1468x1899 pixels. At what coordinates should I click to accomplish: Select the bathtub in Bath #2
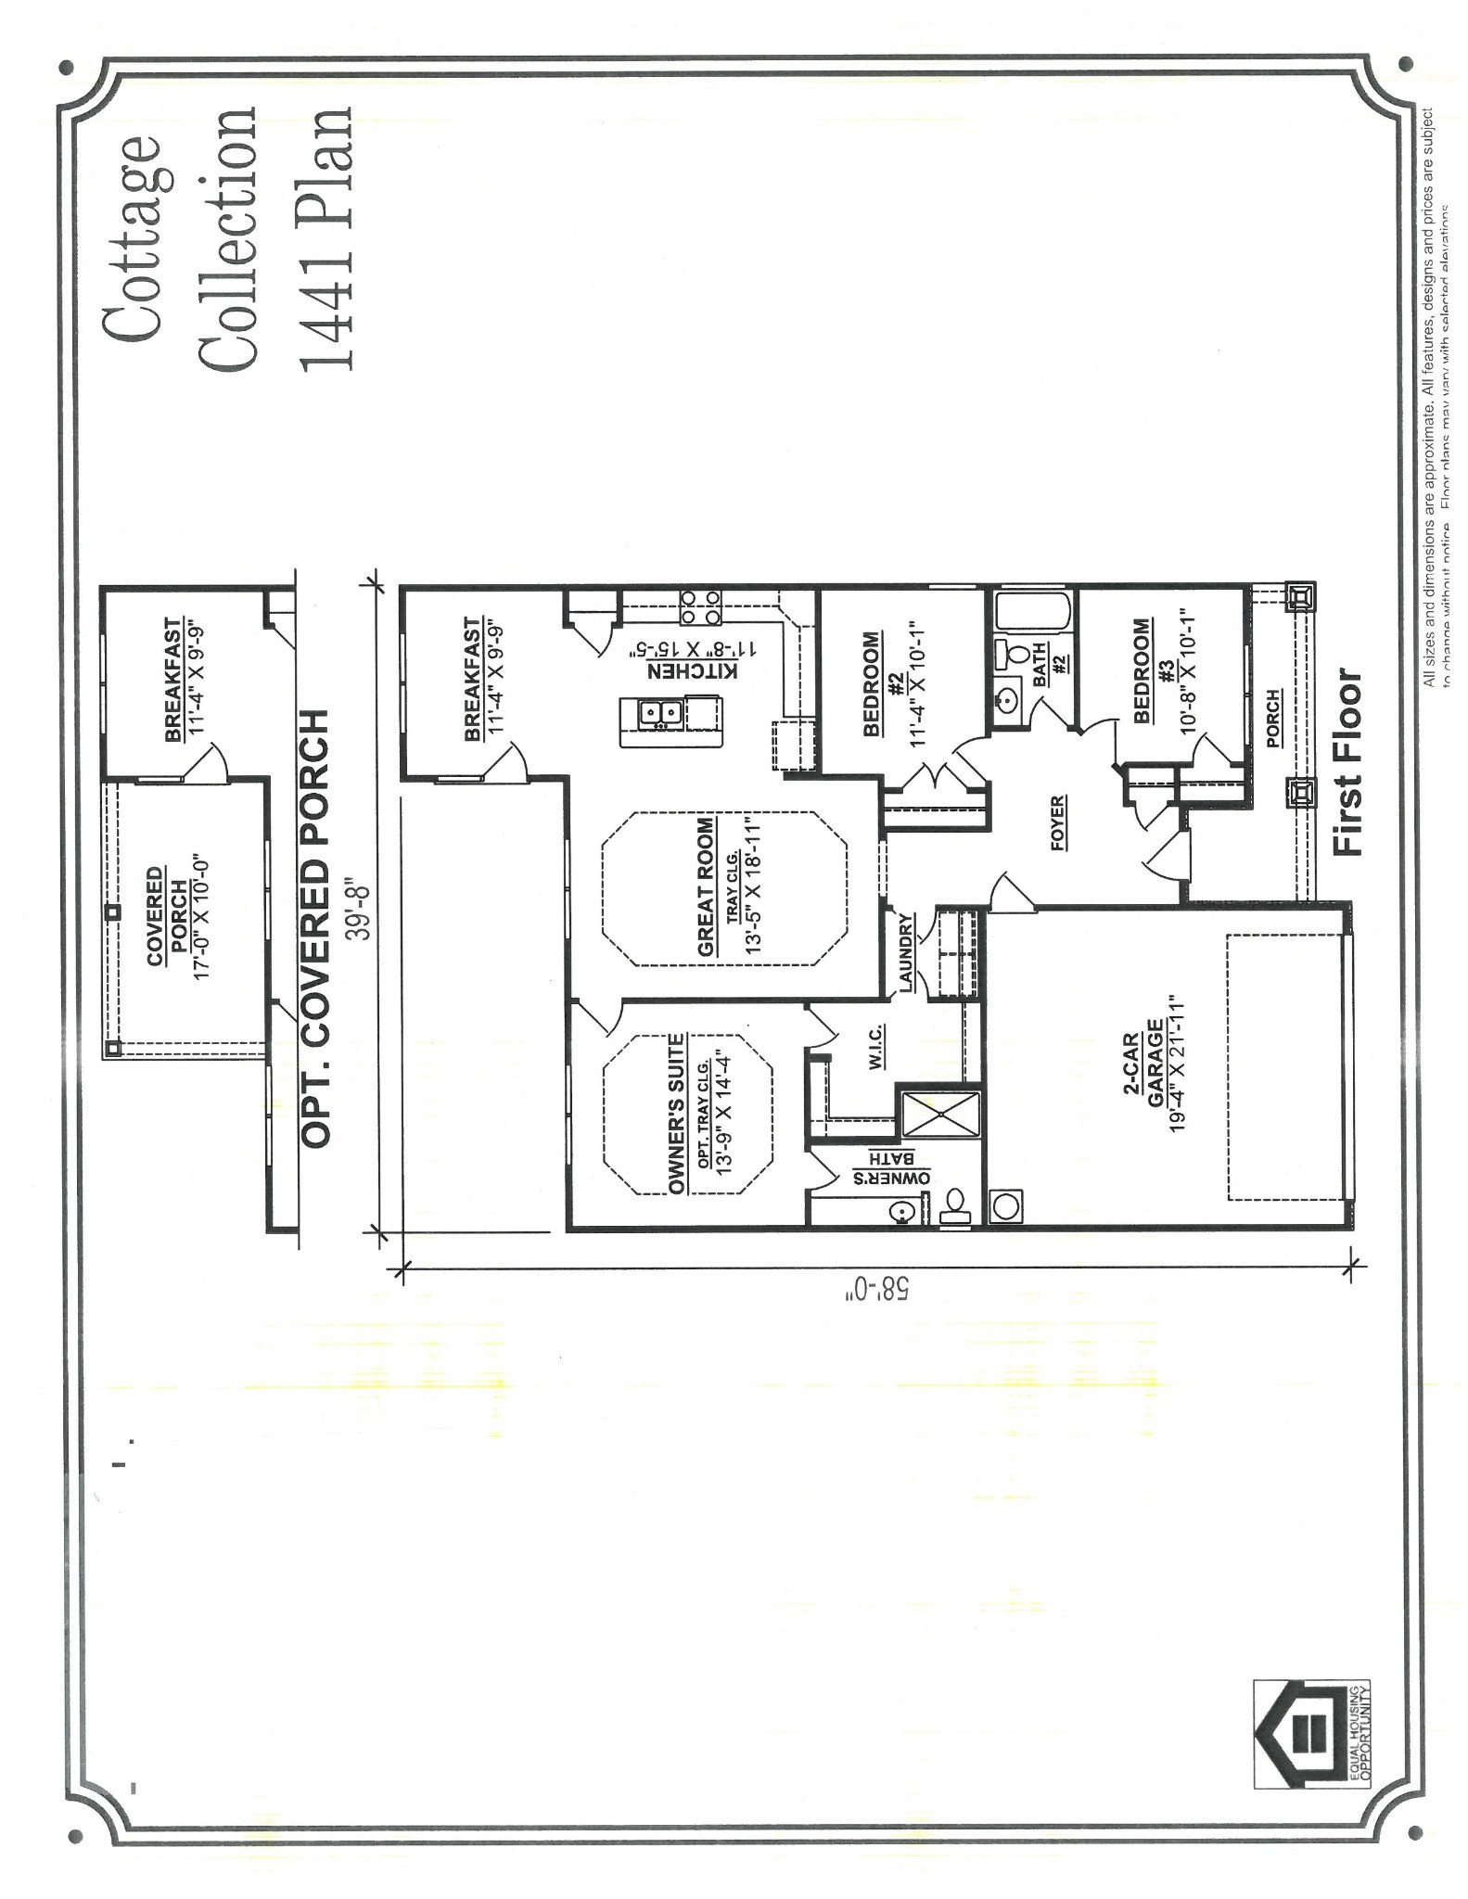(x=1031, y=612)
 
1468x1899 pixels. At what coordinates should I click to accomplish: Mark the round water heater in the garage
(x=1004, y=1205)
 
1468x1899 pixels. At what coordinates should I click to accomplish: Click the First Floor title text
(x=1347, y=762)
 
